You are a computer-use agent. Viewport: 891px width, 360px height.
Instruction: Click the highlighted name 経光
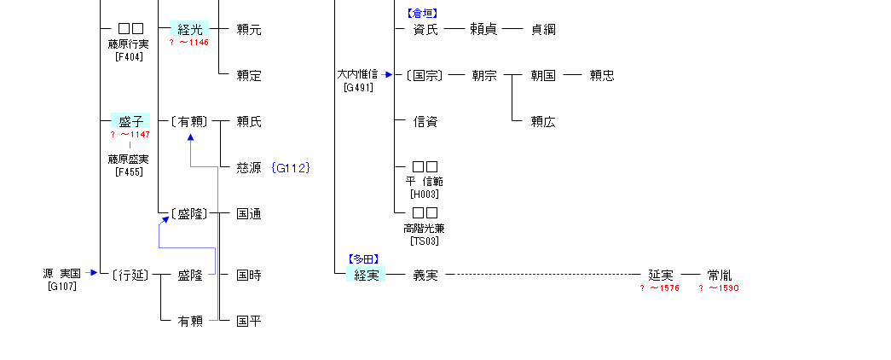(188, 29)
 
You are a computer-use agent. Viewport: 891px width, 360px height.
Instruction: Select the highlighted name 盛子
(130, 121)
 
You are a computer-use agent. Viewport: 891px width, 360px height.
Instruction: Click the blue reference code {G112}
(290, 168)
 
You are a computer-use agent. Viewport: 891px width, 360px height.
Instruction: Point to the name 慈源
(248, 168)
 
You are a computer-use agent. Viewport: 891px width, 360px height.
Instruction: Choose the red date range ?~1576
(659, 288)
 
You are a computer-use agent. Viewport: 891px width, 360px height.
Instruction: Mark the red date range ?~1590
(719, 288)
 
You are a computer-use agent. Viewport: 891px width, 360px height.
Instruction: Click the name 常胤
(719, 275)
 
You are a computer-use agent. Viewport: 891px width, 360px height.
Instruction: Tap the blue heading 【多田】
(362, 258)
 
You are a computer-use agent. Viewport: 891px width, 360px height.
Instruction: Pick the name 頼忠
(601, 75)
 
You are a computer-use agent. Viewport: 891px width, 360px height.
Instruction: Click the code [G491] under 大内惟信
(357, 87)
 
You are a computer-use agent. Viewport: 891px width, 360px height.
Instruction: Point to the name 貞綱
(543, 29)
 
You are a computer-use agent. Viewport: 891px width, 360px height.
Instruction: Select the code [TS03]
(424, 241)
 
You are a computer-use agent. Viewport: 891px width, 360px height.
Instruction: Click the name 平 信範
(425, 182)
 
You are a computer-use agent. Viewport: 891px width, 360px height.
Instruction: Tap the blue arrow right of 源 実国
(93, 273)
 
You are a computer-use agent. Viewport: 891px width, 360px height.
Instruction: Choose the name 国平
(249, 321)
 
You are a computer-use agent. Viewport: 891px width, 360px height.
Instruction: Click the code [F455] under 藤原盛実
(129, 171)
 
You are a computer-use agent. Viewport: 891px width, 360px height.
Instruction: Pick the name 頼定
(249, 75)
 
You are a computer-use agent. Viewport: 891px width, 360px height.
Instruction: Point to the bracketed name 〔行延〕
(130, 275)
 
